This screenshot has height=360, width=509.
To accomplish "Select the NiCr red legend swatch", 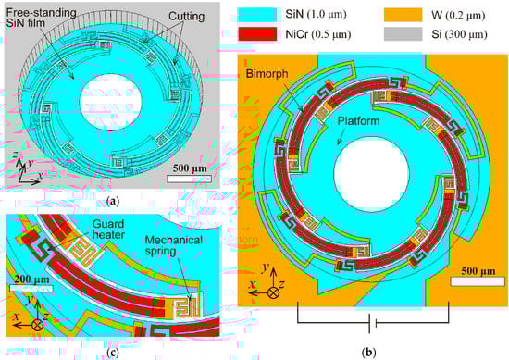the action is tap(257, 34).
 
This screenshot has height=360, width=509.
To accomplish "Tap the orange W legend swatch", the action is tap(403, 15).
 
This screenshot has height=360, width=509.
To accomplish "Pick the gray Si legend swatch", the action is tap(403, 34).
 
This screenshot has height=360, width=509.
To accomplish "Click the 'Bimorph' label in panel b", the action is tap(267, 74).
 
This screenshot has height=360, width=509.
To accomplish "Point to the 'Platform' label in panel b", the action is tap(358, 121).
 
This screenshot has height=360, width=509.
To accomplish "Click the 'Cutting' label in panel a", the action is tap(186, 17).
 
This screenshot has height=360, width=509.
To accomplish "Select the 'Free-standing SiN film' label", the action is tap(42, 18).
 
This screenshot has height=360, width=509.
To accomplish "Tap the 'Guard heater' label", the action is tap(108, 229).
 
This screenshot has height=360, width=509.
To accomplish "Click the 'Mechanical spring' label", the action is tap(174, 245).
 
